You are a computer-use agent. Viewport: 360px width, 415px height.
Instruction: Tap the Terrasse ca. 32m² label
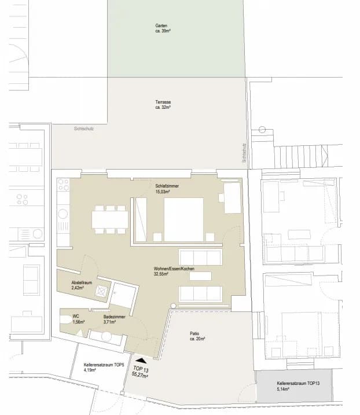click(163, 105)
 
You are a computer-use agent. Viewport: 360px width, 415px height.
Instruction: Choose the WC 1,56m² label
click(79, 319)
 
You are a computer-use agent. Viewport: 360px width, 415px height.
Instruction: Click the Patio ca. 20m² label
click(197, 336)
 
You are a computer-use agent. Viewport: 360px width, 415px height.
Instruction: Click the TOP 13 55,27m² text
click(140, 372)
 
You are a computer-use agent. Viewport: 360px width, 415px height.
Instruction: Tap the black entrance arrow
click(141, 360)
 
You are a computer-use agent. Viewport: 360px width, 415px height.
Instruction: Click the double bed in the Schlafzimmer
click(183, 219)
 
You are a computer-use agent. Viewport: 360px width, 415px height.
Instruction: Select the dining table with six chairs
click(110, 220)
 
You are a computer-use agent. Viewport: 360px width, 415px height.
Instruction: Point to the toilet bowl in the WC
click(65, 319)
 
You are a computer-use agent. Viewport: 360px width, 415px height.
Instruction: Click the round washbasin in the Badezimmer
click(106, 337)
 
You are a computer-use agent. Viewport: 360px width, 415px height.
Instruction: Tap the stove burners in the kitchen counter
click(63, 185)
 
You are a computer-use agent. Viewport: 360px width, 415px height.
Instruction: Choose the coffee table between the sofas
click(200, 276)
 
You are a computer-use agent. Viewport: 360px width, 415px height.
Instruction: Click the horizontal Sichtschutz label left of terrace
click(84, 128)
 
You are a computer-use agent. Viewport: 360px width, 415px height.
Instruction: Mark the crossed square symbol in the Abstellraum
click(101, 291)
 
